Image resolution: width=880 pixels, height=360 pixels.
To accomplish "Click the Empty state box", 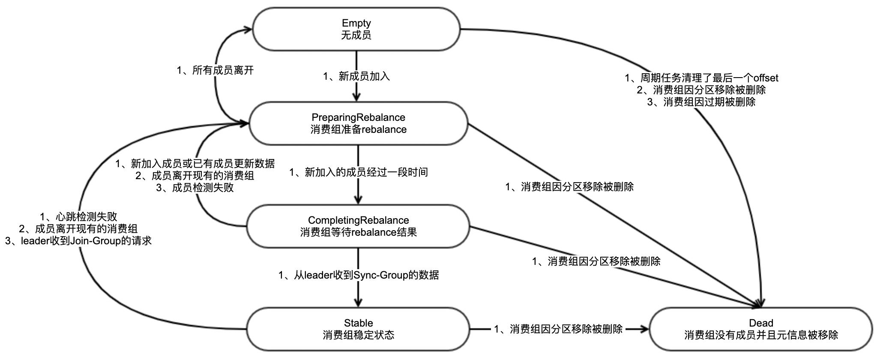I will click(x=356, y=29).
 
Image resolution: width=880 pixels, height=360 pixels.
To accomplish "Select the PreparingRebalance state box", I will click(x=358, y=123).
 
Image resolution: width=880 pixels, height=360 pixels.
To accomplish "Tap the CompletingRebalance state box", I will click(x=358, y=226).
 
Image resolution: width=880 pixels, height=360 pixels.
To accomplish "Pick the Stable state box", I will click(x=358, y=329).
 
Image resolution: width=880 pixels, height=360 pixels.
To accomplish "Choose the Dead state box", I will click(x=761, y=329).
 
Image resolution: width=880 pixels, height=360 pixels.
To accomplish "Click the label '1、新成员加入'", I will click(x=356, y=77).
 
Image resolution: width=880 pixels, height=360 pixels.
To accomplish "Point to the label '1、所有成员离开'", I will click(x=215, y=70).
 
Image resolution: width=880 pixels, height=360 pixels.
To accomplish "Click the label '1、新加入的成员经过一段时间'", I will click(x=358, y=172).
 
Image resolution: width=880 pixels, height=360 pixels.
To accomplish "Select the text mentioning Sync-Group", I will click(x=358, y=275).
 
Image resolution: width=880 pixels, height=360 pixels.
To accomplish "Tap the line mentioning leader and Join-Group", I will click(x=78, y=240).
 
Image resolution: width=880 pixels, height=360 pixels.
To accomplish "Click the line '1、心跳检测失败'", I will click(x=78, y=216).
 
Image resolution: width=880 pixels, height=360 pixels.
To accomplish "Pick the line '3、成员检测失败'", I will click(x=195, y=188).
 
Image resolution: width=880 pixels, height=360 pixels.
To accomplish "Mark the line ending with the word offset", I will click(x=701, y=78).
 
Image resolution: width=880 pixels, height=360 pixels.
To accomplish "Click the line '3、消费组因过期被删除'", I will click(x=701, y=102).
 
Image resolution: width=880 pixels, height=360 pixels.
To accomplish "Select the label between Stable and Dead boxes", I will click(x=558, y=329).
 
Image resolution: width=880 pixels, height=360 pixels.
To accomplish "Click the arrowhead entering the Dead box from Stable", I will click(x=645, y=329).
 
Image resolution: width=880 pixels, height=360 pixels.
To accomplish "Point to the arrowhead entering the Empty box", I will click(x=247, y=29).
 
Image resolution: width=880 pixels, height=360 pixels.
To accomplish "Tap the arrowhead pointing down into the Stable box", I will click(x=358, y=303).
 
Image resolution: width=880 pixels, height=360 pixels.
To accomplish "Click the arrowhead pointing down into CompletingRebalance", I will click(x=358, y=200).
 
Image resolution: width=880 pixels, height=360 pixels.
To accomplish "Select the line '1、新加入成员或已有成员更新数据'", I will click(x=195, y=164).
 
